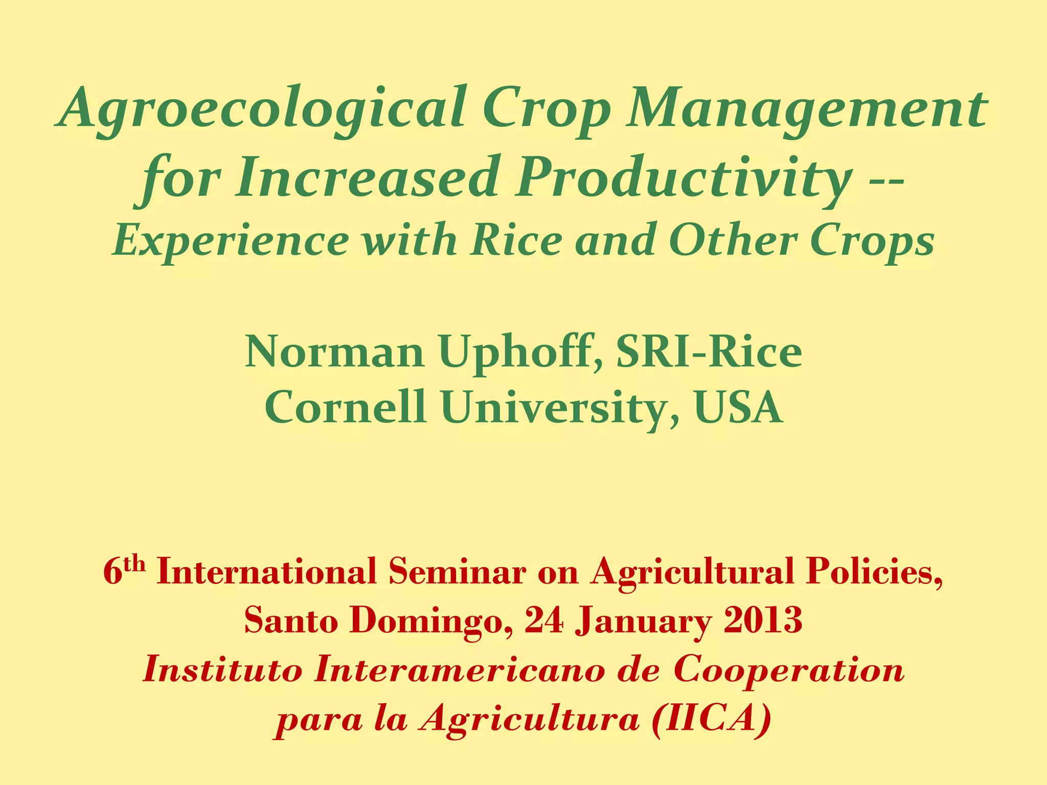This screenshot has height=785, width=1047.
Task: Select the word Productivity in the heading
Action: [683, 177]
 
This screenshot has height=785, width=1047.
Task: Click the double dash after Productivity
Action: [885, 181]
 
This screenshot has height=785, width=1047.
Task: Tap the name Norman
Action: [334, 352]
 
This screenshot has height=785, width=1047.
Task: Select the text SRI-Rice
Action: [709, 352]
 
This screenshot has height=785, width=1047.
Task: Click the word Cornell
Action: [346, 407]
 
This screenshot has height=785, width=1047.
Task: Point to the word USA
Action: [738, 407]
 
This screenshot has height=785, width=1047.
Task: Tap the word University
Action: [560, 407]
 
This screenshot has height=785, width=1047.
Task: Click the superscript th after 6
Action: [135, 564]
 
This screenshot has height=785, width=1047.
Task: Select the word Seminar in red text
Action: [457, 572]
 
